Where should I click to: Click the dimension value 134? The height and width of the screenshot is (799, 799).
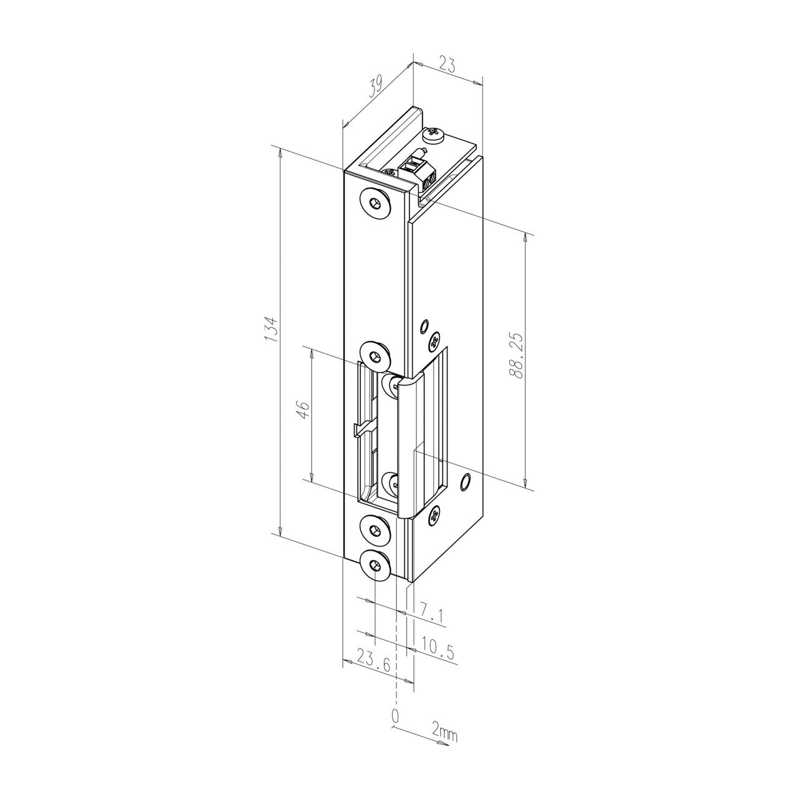(x=271, y=328)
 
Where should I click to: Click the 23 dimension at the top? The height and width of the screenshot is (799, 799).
(x=447, y=65)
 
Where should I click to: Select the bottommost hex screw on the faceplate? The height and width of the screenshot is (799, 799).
(x=375, y=566)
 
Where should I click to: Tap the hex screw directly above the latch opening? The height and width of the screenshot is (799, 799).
(x=375, y=356)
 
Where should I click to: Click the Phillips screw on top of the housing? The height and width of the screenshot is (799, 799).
(x=433, y=134)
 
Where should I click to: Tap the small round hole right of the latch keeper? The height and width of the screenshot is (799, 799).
(x=464, y=481)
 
